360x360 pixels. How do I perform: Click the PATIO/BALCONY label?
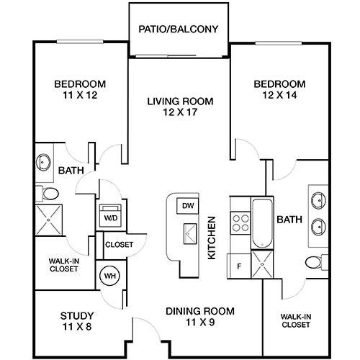[179, 30]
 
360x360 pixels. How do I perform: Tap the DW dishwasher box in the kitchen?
[188, 206]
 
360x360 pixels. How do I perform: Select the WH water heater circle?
[110, 276]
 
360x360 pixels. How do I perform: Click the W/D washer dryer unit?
[111, 215]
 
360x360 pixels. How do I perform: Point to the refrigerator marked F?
[239, 266]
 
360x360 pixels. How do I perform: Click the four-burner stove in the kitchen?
[240, 223]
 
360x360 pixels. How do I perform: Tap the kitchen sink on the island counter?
[190, 234]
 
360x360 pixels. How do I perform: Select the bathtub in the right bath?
[262, 223]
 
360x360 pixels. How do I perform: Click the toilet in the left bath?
[48, 193]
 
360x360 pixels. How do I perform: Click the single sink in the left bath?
[43, 162]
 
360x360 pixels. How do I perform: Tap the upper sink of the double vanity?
[318, 199]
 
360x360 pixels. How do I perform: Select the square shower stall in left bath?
[49, 220]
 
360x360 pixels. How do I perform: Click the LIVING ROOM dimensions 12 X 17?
[180, 112]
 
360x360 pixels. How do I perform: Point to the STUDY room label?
[77, 316]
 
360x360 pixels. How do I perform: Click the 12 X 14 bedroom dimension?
[280, 95]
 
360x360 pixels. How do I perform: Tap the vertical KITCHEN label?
[212, 238]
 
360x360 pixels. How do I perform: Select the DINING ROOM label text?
[200, 311]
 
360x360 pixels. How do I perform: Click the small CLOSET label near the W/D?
[119, 245]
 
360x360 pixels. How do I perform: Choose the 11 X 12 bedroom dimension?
[80, 95]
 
